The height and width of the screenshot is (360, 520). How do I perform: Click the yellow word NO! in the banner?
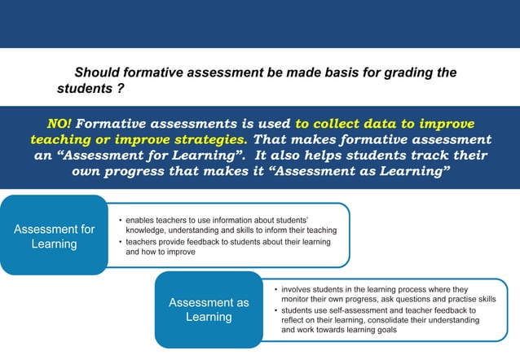pyautogui.click(x=59, y=125)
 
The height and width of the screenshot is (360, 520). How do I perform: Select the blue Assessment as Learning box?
pyautogui.click(x=209, y=310)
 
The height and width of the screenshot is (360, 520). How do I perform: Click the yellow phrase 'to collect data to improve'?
pyautogui.click(x=385, y=125)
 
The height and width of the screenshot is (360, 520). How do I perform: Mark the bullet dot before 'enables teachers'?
pyautogui.click(x=120, y=221)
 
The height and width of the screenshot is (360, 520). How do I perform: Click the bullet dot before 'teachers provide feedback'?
pyautogui.click(x=120, y=242)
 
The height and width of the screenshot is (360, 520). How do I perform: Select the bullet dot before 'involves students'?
pyautogui.click(x=275, y=289)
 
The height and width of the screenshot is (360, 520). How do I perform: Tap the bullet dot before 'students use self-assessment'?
pyautogui.click(x=275, y=310)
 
